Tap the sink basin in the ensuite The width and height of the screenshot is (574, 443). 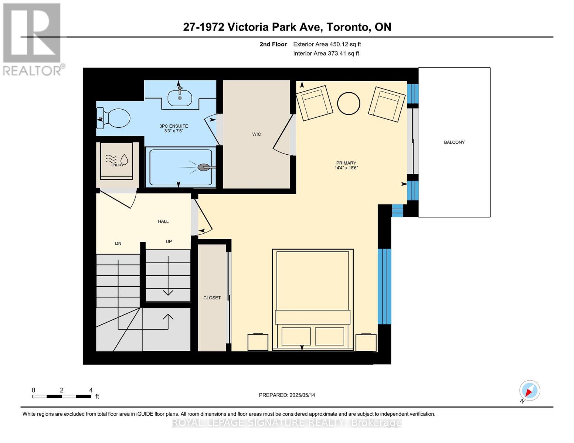pos(180,98)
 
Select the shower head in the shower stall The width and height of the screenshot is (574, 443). pos(203,168)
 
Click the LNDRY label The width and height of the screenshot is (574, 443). pos(117,165)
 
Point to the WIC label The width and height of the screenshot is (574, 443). pos(257,134)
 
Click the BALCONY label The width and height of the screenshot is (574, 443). pos(454,142)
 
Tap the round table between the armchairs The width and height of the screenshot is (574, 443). pos(349,103)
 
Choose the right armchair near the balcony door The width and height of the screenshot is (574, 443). pos(386,104)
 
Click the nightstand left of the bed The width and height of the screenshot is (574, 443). pos(258,342)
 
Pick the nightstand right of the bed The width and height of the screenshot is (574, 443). pos(366,343)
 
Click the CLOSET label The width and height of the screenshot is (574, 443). pos(212,298)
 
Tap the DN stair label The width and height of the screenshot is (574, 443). pos(118,244)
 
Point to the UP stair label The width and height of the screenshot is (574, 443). pos(169,242)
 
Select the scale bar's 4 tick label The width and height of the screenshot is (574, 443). pos(91,390)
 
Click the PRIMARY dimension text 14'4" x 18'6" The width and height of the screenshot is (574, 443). pos(346,168)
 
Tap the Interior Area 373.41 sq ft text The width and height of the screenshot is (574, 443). pos(326,54)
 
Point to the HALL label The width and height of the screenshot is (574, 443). pos(163,221)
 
